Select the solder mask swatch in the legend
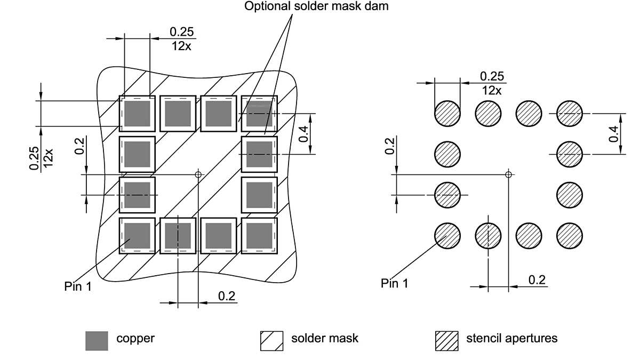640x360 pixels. coord(271,341)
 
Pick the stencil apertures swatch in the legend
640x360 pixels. coord(446,341)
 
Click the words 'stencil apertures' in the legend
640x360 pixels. coord(511,338)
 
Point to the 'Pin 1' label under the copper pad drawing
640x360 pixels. coord(78,286)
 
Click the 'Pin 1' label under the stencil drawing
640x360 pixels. coord(395,283)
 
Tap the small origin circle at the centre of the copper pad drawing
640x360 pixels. coord(198,174)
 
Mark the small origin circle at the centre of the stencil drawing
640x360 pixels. coord(509,174)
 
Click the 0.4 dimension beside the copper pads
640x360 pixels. coord(303,134)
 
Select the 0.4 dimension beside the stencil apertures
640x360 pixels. coord(614,134)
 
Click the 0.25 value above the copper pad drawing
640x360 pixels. coord(182,32)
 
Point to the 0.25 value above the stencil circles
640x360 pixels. coord(492,76)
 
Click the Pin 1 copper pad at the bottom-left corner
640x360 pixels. coord(137,235)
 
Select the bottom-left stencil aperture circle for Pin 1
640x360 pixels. coord(447,235)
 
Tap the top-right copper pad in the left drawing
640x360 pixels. coord(260,114)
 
